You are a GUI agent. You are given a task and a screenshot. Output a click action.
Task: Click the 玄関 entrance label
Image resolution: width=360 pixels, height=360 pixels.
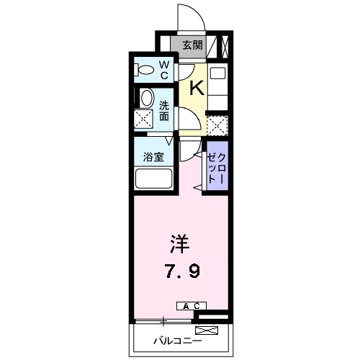tap(191, 45)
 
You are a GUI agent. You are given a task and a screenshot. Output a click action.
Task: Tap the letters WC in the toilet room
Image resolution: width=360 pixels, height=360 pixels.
tap(163, 71)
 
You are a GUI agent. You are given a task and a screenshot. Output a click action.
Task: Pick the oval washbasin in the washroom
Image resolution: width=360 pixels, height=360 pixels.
tap(146, 98)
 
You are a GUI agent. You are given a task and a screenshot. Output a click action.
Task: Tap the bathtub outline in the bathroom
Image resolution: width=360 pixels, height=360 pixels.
tap(153, 179)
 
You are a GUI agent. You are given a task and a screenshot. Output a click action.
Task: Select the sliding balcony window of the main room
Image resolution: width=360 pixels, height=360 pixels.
tap(164, 320)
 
